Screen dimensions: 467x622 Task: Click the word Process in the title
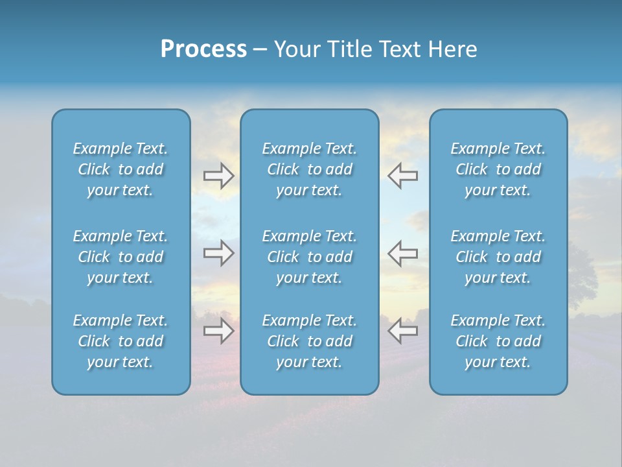click(203, 49)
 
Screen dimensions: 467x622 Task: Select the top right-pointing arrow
click(218, 176)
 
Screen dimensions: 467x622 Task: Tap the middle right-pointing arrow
click(218, 253)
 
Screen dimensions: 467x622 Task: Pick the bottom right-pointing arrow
click(218, 331)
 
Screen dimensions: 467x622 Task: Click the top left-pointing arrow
click(402, 176)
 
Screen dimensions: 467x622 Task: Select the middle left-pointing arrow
click(402, 253)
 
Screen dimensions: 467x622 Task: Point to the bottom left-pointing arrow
click(402, 331)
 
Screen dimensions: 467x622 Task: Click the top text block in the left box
click(121, 169)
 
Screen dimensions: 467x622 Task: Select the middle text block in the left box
click(121, 257)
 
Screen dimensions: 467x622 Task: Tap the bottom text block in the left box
click(121, 341)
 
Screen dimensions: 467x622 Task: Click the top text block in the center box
click(310, 169)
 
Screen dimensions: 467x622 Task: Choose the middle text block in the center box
click(310, 257)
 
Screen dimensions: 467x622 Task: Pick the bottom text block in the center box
click(310, 341)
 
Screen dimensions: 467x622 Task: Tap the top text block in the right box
click(498, 169)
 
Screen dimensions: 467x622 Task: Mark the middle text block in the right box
click(498, 257)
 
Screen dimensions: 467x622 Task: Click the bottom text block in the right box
click(498, 341)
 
